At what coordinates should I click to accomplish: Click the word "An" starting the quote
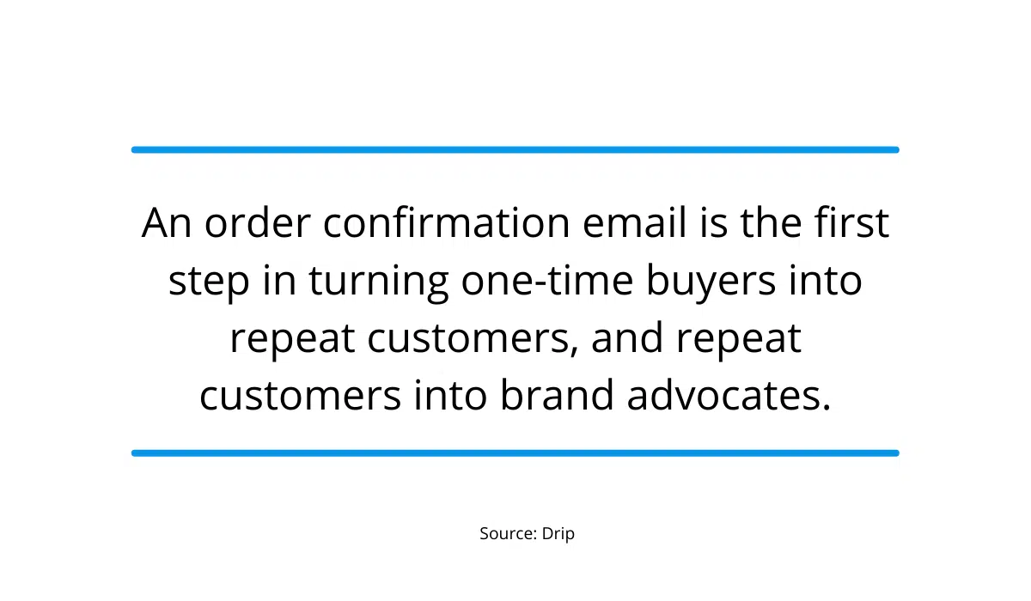[x=168, y=223]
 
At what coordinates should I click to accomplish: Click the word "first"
[x=851, y=223]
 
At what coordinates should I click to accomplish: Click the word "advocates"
[x=729, y=396]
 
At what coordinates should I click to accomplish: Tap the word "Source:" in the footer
[x=508, y=533]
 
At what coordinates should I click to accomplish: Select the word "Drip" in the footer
[x=558, y=533]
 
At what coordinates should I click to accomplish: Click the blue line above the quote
[x=515, y=149]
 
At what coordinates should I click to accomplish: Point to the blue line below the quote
[x=515, y=452]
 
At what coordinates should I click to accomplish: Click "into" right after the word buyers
[x=828, y=282]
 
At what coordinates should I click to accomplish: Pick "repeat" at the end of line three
[x=738, y=338]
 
